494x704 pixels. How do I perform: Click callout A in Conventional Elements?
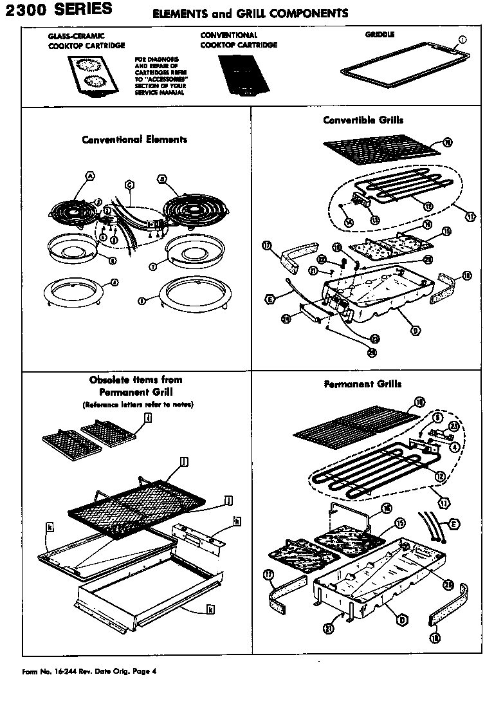point(90,176)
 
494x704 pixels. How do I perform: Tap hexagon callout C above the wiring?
point(129,186)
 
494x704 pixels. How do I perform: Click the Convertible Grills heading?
point(363,120)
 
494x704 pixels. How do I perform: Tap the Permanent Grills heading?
point(363,384)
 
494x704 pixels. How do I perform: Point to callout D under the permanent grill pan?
point(402,620)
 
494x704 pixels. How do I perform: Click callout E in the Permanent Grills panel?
point(453,525)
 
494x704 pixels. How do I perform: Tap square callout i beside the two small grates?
point(149,418)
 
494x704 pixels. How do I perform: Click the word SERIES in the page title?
point(82,9)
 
